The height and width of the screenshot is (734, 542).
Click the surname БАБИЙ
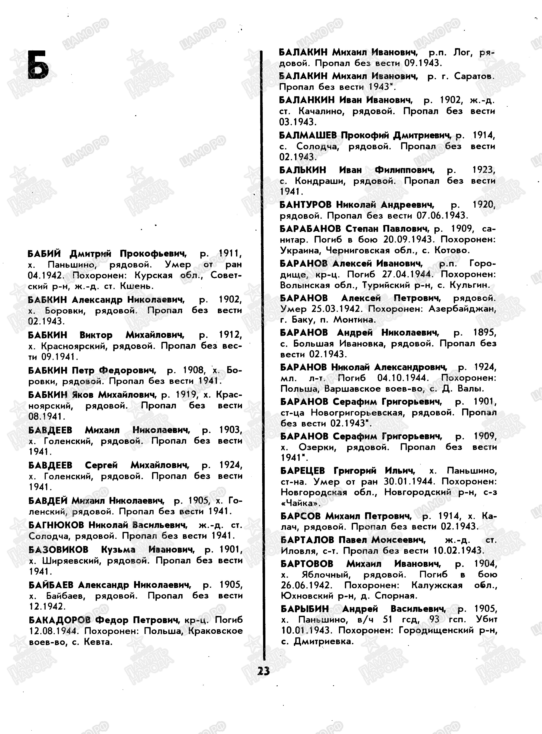[x=44, y=254]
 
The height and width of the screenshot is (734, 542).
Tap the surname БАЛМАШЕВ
[x=308, y=135]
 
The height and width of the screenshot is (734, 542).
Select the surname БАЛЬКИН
[x=303, y=170]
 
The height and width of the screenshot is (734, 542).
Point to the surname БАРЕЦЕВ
[x=303, y=471]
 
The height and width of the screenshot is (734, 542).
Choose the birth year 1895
[x=485, y=333]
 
